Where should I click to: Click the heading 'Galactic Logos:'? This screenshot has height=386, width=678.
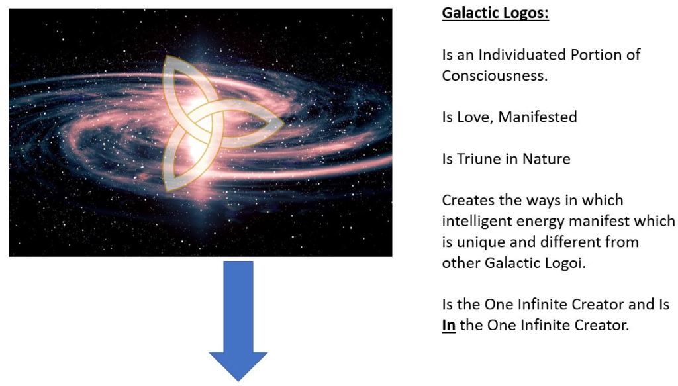pos(495,13)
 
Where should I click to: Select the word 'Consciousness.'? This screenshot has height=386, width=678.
pos(495,75)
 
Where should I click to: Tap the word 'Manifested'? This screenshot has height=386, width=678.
pos(538,117)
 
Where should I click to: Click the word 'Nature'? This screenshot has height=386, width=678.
pos(546,159)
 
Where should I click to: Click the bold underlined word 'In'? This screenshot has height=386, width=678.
pos(448,326)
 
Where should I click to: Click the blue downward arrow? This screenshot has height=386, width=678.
pos(238,320)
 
